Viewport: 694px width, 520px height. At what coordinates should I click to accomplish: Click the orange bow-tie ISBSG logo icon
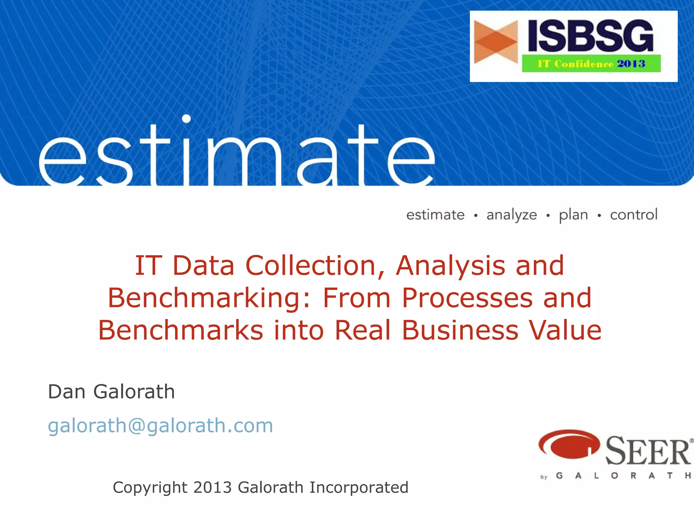496,42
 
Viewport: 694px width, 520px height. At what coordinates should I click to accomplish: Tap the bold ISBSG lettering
590,36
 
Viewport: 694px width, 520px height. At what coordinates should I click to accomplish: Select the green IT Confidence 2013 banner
591,64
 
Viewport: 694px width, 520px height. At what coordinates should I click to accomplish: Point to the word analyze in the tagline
512,215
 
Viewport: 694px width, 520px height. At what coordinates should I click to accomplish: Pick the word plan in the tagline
573,215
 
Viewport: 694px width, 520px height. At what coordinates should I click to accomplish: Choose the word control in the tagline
634,215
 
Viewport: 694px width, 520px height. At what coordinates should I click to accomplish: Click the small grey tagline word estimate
435,215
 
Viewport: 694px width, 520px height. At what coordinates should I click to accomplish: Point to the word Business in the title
460,330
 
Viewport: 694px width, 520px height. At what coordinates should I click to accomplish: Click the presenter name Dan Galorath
111,392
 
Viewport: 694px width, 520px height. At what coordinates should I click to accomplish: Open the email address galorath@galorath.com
160,426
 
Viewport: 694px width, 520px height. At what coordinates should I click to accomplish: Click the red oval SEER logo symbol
569,444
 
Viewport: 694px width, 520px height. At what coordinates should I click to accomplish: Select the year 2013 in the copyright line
212,487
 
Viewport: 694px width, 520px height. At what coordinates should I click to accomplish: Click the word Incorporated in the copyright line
359,488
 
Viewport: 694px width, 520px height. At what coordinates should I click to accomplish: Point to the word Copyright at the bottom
150,488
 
